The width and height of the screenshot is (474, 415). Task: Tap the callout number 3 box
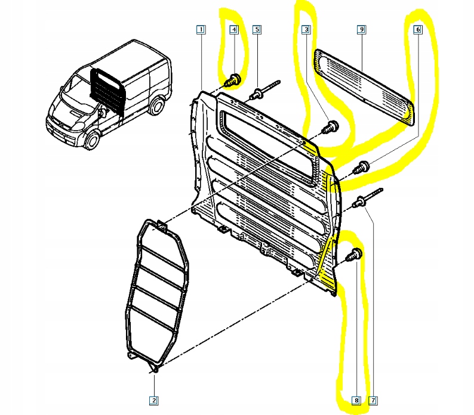[x=306, y=29]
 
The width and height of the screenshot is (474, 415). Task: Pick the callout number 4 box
[x=234, y=29]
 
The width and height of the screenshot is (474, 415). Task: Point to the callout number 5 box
[x=257, y=29]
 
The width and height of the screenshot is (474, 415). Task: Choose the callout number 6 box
[x=417, y=29]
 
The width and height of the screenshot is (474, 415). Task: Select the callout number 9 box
[x=362, y=29]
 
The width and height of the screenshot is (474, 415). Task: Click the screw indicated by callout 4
[x=233, y=78]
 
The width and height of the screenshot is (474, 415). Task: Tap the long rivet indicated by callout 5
[x=266, y=90]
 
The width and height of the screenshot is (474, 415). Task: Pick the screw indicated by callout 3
[x=330, y=126]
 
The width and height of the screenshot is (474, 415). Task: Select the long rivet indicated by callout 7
[x=367, y=199]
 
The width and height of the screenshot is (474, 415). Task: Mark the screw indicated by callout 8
[x=356, y=253]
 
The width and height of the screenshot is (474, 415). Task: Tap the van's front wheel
[x=93, y=140]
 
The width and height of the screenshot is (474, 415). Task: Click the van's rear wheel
[x=156, y=106]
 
